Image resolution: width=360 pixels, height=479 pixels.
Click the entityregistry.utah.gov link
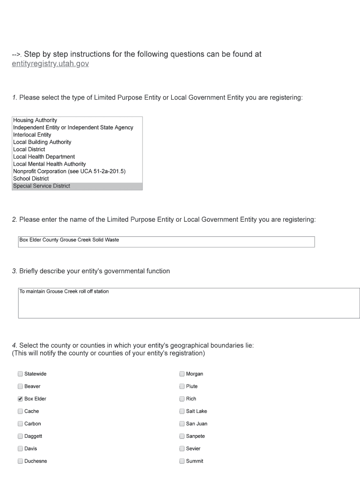coord(50,64)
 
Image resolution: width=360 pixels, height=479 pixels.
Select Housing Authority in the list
coord(35,120)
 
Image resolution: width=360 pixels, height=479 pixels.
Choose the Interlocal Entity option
coord(32,135)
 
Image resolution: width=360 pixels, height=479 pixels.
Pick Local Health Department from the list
coord(44,157)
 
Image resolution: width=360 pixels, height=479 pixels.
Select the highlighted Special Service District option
coord(42,186)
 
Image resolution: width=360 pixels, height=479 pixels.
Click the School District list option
coord(31,179)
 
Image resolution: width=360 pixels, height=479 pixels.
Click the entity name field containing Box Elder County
coord(166,242)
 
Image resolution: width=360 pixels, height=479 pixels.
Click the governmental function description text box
coord(189,303)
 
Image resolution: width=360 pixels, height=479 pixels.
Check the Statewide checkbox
coord(20,374)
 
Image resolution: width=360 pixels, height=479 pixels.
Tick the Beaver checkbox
coord(20,386)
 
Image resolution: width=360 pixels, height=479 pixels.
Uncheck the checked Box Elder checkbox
coord(20,399)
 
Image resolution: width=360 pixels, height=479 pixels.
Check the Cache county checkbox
coord(20,411)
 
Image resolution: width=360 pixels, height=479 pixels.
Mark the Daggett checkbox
coord(20,436)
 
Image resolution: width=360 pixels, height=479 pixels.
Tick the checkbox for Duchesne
coord(20,461)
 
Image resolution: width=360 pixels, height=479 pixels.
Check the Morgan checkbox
coord(182,374)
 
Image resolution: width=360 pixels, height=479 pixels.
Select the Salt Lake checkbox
coord(182,411)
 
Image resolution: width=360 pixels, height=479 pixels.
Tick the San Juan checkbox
coord(182,424)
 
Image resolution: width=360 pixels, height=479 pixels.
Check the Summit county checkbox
coord(182,461)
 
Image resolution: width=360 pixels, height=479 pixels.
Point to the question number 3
coord(14,271)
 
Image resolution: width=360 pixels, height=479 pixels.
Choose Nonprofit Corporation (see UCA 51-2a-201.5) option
coord(69,171)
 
